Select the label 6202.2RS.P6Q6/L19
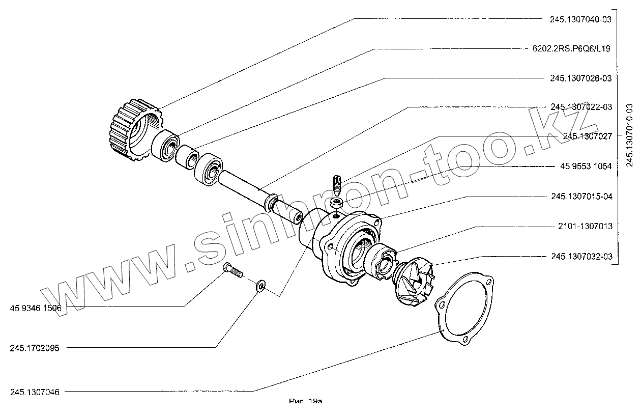(x=571, y=49)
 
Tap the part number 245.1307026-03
(x=580, y=78)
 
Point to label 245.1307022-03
(x=580, y=107)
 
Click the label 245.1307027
(x=588, y=136)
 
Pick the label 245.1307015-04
(x=580, y=197)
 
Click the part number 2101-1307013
(x=581, y=226)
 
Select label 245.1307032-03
(x=580, y=256)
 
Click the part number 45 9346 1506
(x=35, y=308)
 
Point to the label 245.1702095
(x=34, y=349)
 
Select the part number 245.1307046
(x=34, y=392)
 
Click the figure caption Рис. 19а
(x=306, y=401)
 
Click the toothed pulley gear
(x=131, y=126)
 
